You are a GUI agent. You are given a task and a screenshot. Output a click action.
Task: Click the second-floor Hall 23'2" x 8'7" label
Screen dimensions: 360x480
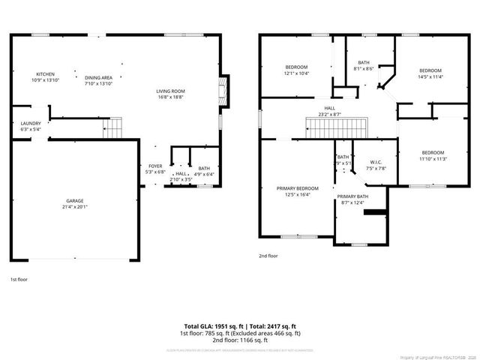point(329,111)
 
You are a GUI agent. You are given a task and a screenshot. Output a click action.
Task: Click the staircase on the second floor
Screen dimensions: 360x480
point(334,127)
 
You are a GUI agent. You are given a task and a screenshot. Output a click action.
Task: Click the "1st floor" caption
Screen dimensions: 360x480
point(19,279)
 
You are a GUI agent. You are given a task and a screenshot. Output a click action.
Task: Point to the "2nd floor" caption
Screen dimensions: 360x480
point(268,256)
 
